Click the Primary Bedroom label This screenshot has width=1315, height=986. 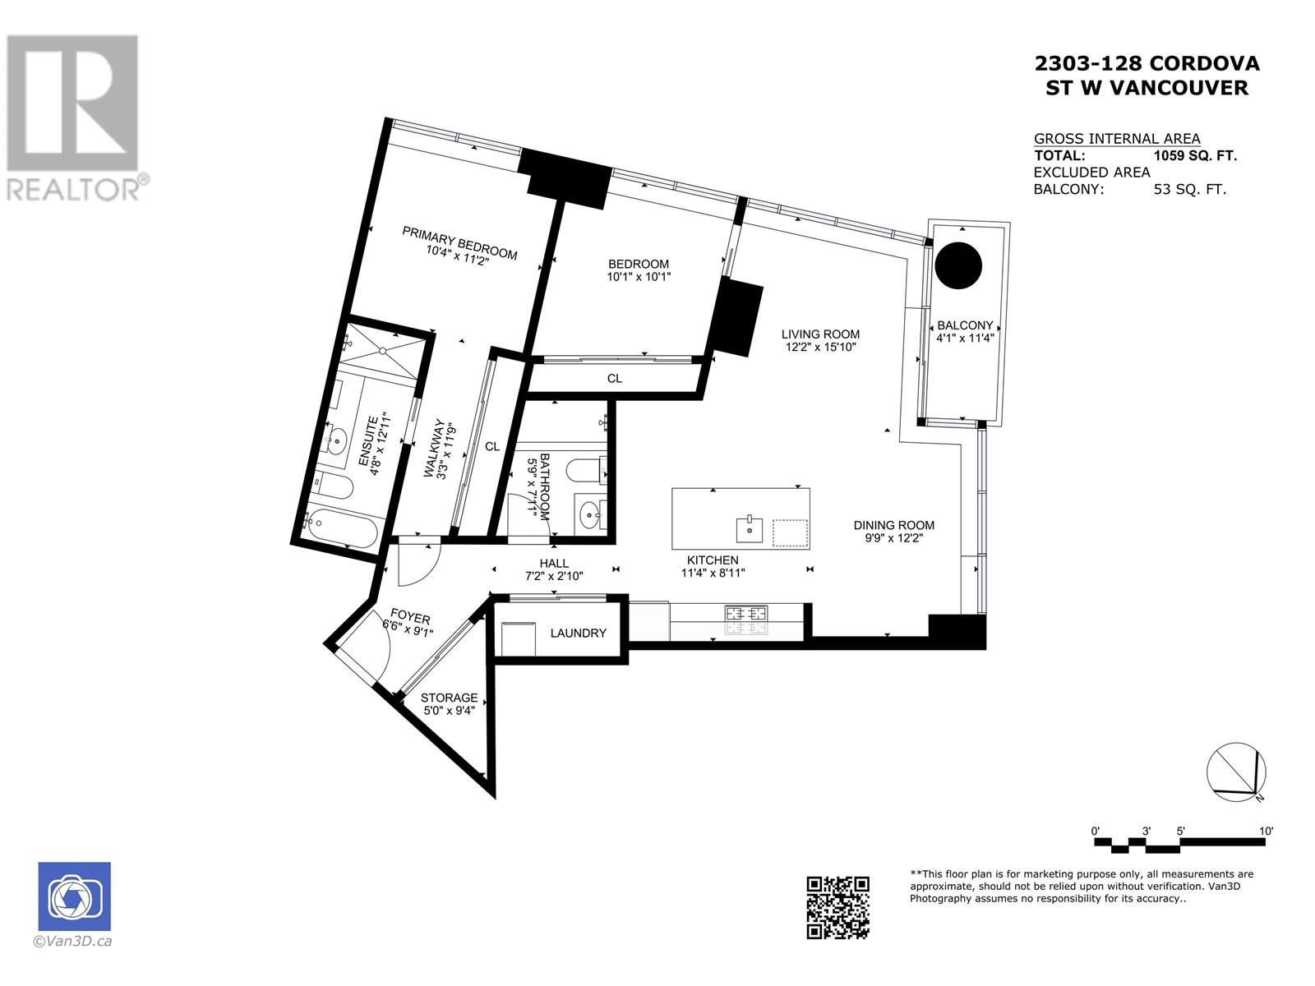[x=459, y=242]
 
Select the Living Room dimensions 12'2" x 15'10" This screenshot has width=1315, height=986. [x=820, y=348]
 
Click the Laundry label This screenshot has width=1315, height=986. [x=578, y=633]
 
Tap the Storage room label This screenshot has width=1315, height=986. [x=450, y=698]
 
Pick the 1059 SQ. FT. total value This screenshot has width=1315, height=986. [x=1195, y=155]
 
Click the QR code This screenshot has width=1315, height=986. [x=837, y=906]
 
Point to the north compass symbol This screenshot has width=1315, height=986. [x=1236, y=773]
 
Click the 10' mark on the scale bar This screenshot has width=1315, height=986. [x=1265, y=832]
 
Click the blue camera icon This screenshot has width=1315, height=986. [x=74, y=896]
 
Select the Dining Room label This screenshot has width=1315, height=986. [x=893, y=525]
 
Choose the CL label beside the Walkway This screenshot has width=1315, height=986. [x=492, y=447]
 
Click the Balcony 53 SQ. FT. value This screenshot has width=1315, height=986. [x=1189, y=189]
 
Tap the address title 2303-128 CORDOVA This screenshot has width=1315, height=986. [x=1147, y=63]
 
